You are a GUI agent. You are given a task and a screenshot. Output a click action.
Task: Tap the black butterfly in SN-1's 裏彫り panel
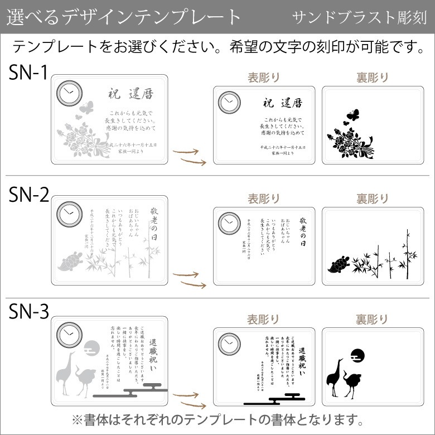(x=350, y=115)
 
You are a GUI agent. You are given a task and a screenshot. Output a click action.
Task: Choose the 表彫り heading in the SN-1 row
(x=264, y=77)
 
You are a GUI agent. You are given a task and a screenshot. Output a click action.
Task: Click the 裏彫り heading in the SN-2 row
(x=373, y=198)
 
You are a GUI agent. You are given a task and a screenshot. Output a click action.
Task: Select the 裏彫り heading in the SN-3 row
(x=373, y=319)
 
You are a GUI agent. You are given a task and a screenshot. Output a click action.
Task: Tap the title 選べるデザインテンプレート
(x=124, y=17)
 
